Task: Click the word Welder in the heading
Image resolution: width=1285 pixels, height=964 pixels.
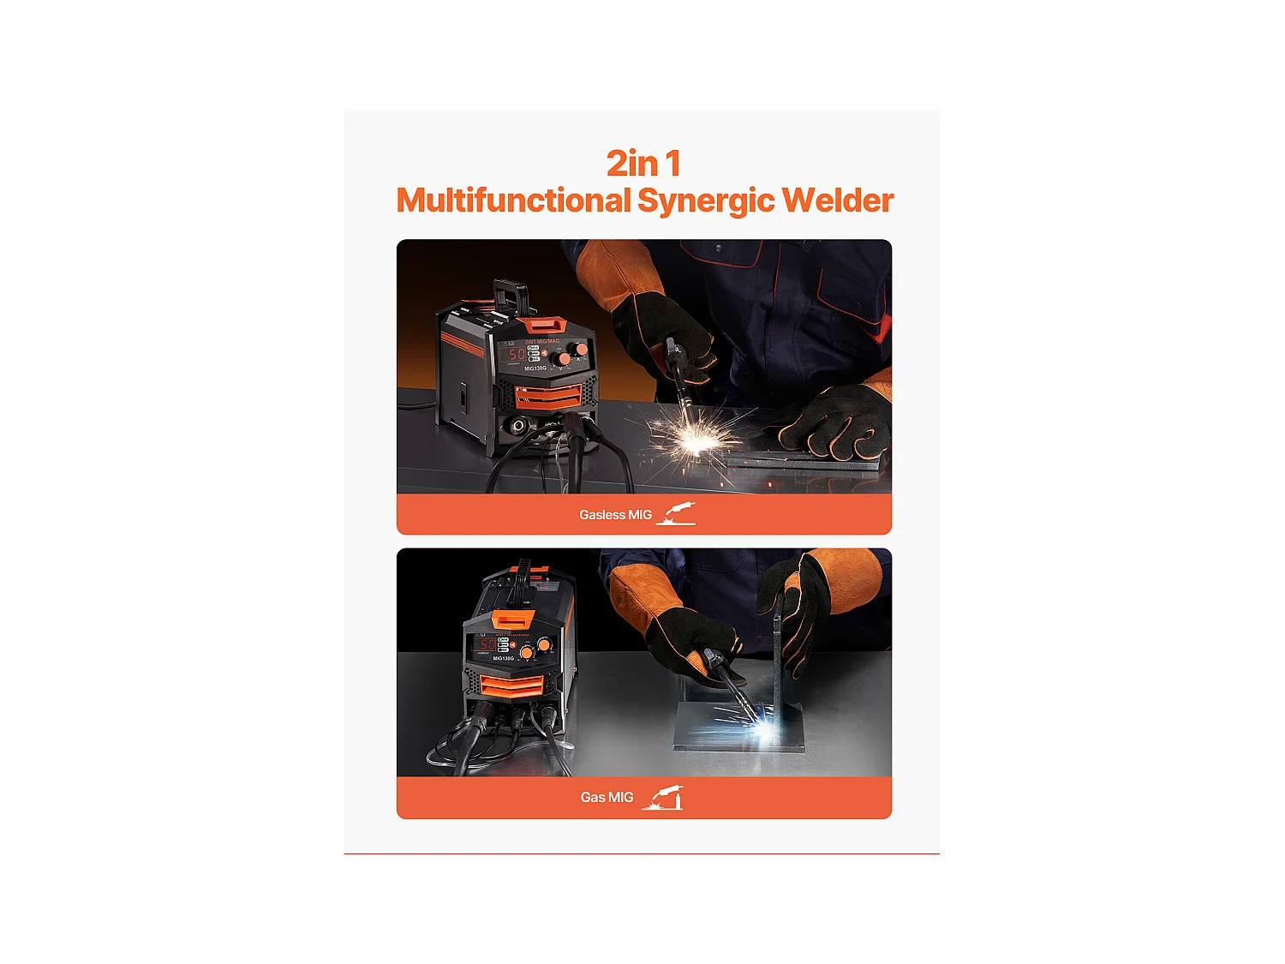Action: [x=837, y=201]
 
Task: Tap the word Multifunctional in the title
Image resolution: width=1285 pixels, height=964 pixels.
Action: [x=513, y=201]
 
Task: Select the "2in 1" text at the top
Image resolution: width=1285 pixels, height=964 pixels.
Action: [x=643, y=164]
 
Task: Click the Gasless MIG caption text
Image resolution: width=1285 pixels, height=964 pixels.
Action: [x=615, y=515]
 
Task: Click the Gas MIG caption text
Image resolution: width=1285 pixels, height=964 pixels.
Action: [x=607, y=798]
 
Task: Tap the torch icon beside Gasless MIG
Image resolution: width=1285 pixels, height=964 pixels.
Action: [x=676, y=514]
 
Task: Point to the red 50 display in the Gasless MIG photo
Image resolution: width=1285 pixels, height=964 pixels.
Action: [x=517, y=354]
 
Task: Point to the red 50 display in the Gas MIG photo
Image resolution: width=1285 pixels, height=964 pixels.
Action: [x=487, y=644]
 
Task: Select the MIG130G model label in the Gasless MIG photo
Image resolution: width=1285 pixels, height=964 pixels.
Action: [x=535, y=368]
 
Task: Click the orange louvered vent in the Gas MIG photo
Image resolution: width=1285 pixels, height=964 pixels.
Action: [x=511, y=685]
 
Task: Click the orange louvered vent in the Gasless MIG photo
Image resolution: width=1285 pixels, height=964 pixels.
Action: [x=547, y=395]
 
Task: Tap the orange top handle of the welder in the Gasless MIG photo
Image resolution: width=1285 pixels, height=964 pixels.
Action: [x=544, y=325]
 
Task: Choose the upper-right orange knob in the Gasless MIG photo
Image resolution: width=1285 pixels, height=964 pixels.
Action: [x=582, y=350]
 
